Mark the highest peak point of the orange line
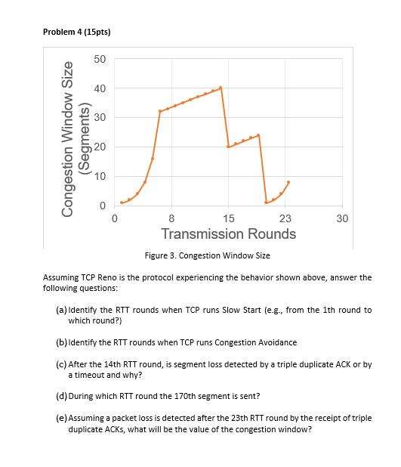click(x=221, y=88)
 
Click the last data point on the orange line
click(x=288, y=182)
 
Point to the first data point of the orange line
click(x=122, y=203)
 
